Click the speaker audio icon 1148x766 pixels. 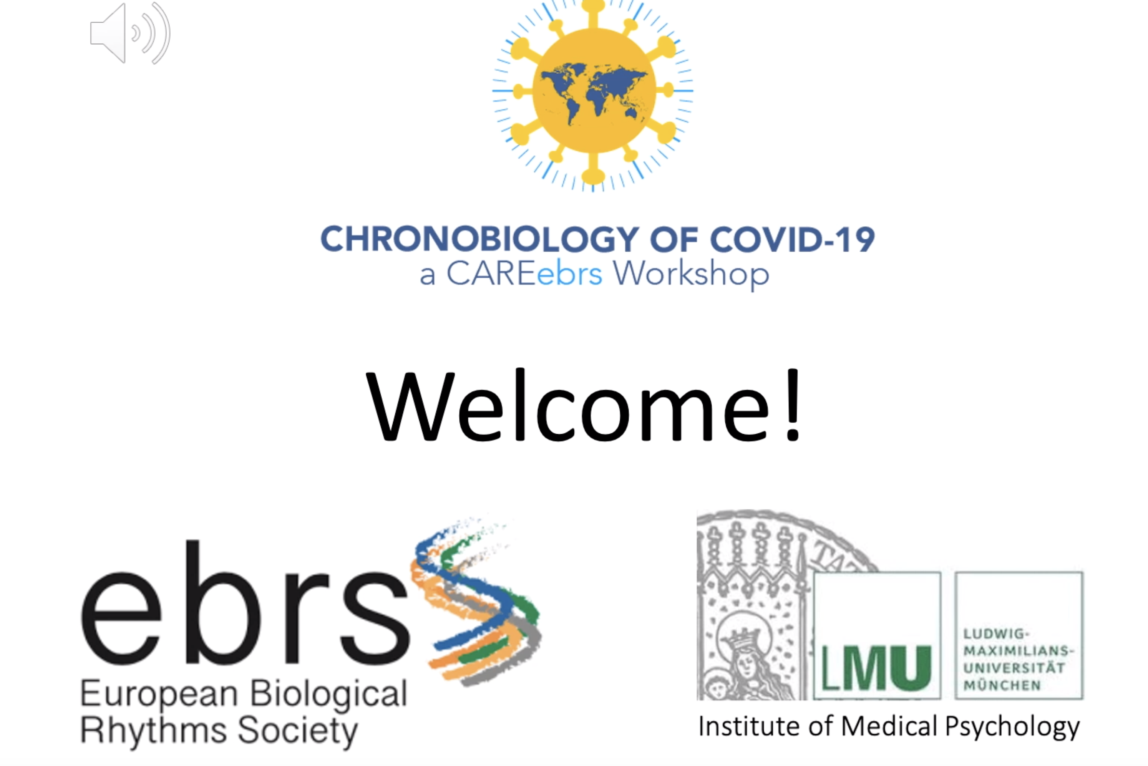[x=130, y=33]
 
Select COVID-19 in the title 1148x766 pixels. [x=792, y=239]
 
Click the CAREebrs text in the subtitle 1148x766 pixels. [x=524, y=274]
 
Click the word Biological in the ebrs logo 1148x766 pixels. [x=328, y=694]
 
